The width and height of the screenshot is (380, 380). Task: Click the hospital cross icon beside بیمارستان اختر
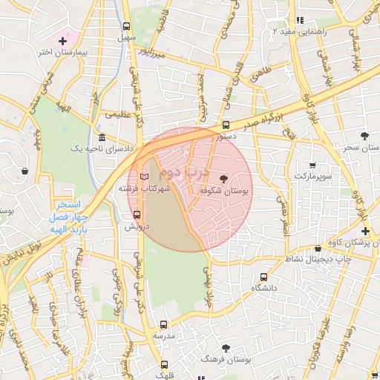pyautogui.click(x=62, y=41)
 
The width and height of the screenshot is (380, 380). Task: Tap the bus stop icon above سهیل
pyautogui.click(x=126, y=25)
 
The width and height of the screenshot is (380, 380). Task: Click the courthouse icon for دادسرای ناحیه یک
pyautogui.click(x=102, y=137)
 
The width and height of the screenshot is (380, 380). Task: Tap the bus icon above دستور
pyautogui.click(x=226, y=125)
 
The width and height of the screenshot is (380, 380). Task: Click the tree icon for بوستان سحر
pyautogui.click(x=364, y=136)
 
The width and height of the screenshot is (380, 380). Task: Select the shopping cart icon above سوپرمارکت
pyautogui.click(x=312, y=165)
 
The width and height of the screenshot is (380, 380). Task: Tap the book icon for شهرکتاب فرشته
pyautogui.click(x=145, y=177)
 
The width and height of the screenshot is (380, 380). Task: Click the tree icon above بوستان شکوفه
pyautogui.click(x=224, y=178)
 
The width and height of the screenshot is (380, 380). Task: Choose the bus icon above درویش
pyautogui.click(x=136, y=214)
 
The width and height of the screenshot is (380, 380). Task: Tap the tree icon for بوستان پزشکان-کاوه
pyautogui.click(x=364, y=231)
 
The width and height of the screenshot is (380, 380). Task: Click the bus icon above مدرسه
pyautogui.click(x=164, y=324)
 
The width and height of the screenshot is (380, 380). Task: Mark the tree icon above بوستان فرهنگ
pyautogui.click(x=226, y=347)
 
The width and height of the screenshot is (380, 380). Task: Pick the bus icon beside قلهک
pyautogui.click(x=164, y=364)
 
